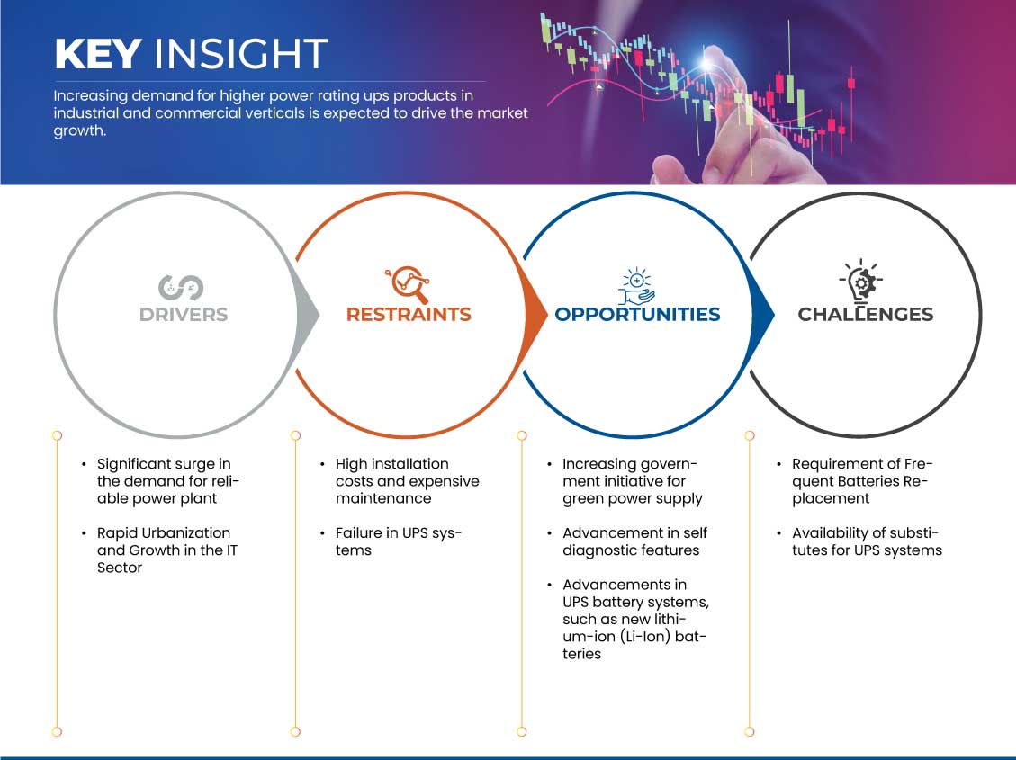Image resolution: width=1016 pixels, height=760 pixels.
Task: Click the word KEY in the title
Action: coord(98,54)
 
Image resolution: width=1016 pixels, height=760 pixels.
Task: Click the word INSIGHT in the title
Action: coord(241,54)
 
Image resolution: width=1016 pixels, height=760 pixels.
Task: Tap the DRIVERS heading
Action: coord(184,315)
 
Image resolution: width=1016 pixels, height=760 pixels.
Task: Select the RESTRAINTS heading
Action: coord(409,315)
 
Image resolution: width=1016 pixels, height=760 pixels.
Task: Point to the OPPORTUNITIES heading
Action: coord(638,315)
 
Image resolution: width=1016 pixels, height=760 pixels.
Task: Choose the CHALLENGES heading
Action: coord(865,315)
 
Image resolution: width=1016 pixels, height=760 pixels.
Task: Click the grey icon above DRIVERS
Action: coord(181,288)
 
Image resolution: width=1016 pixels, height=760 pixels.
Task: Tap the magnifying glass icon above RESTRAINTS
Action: coord(409,284)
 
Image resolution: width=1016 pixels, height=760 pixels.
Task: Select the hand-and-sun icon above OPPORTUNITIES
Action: coord(636,285)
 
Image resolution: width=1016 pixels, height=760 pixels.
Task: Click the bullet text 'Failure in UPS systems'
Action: coord(398,541)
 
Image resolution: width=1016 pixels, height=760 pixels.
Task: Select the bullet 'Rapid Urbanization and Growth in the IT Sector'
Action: coord(167,550)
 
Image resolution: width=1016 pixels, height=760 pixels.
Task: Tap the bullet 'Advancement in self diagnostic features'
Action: coord(634,541)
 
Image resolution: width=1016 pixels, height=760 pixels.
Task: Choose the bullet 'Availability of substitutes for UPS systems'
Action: coord(867,541)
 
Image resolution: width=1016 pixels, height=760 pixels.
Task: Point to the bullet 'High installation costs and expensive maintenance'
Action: coord(407,481)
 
